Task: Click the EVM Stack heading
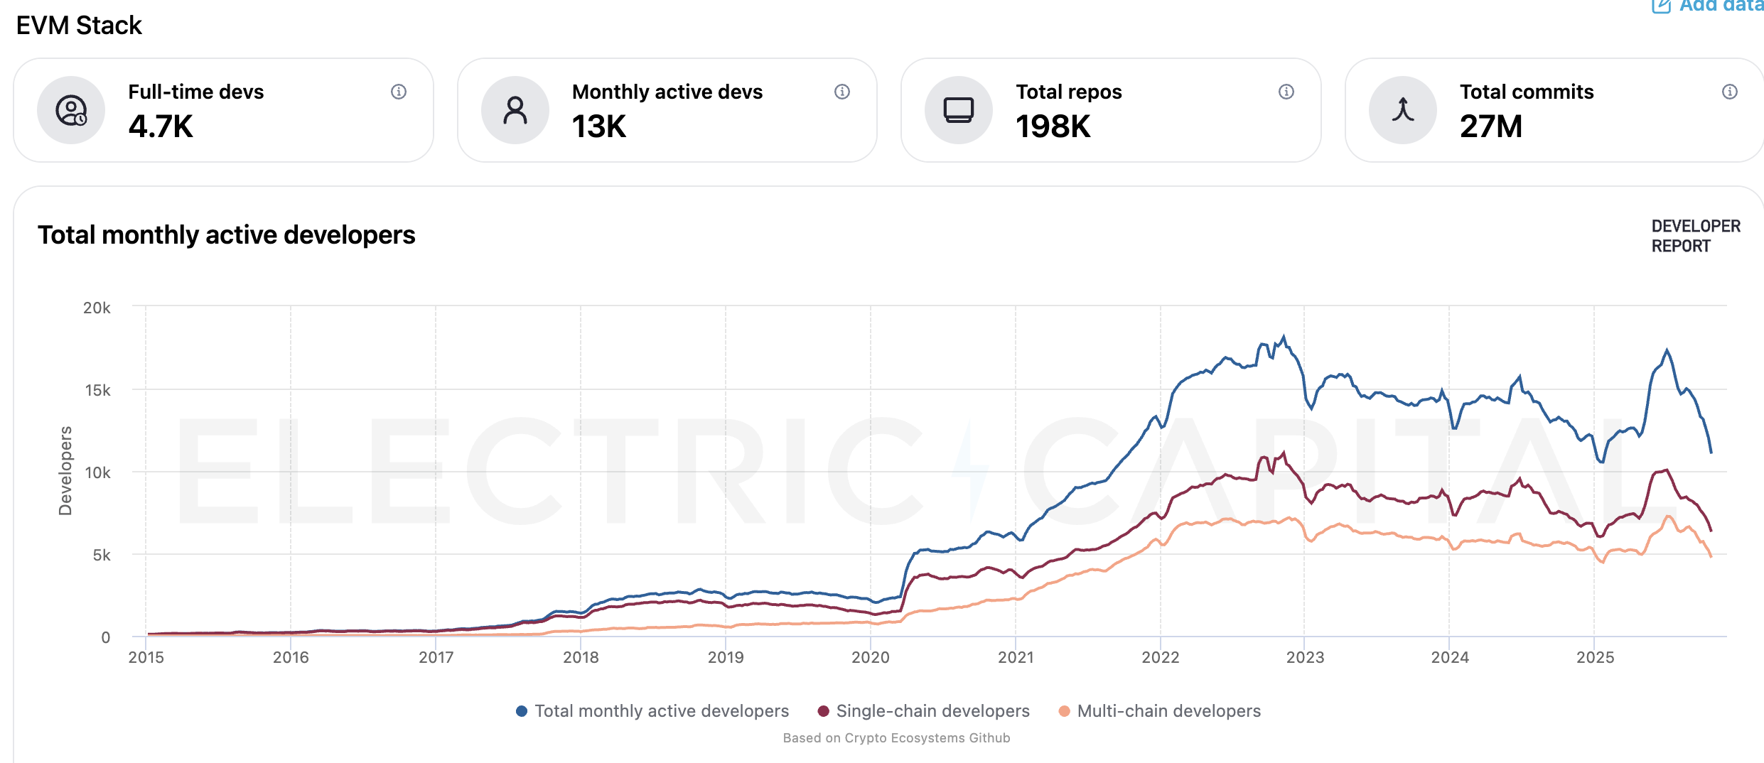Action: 79,26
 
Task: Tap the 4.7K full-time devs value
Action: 161,126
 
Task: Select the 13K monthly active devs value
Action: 599,126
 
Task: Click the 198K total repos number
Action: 1053,126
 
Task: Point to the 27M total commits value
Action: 1490,126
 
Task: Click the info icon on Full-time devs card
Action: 399,92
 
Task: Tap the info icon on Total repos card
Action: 1286,92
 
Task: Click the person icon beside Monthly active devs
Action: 515,110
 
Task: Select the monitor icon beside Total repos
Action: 958,110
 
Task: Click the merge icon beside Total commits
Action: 1402,110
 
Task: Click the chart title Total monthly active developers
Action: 226,235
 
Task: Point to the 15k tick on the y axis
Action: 97,390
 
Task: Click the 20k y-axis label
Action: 97,308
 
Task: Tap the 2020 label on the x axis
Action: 870,657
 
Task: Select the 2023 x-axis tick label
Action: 1305,657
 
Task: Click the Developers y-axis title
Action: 65,470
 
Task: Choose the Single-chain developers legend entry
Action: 924,711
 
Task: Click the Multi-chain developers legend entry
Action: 1160,711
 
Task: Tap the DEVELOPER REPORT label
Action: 1695,236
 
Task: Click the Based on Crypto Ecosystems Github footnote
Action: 896,738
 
